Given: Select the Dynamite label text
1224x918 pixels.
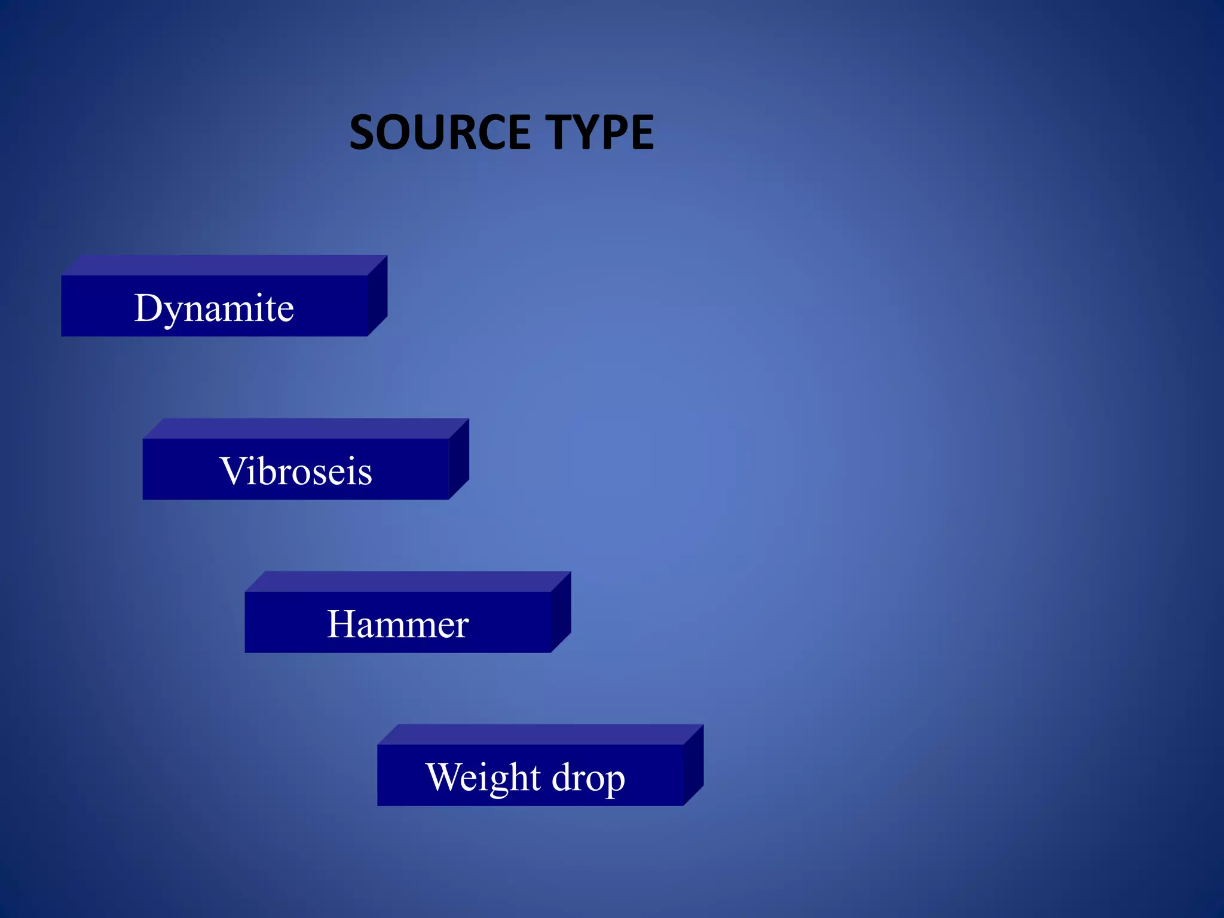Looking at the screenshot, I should point(214,308).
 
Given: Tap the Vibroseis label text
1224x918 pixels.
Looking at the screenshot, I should point(296,471).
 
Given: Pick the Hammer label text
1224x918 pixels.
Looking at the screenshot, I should point(397,624).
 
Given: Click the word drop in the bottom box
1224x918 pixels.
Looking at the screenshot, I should point(588,778).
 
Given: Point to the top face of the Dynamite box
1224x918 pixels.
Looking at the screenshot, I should point(224,265).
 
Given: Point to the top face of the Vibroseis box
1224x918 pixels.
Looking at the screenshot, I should point(305,429).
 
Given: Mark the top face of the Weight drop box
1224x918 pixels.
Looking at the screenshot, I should point(540,735).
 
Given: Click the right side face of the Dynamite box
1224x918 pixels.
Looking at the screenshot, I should point(378,295).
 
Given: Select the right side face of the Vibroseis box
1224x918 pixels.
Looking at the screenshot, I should point(459,458).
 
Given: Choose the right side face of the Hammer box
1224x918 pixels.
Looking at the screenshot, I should point(561,611).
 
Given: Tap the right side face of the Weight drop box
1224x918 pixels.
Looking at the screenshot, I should point(694,764).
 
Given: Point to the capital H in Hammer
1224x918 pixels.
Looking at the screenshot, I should point(341,624).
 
